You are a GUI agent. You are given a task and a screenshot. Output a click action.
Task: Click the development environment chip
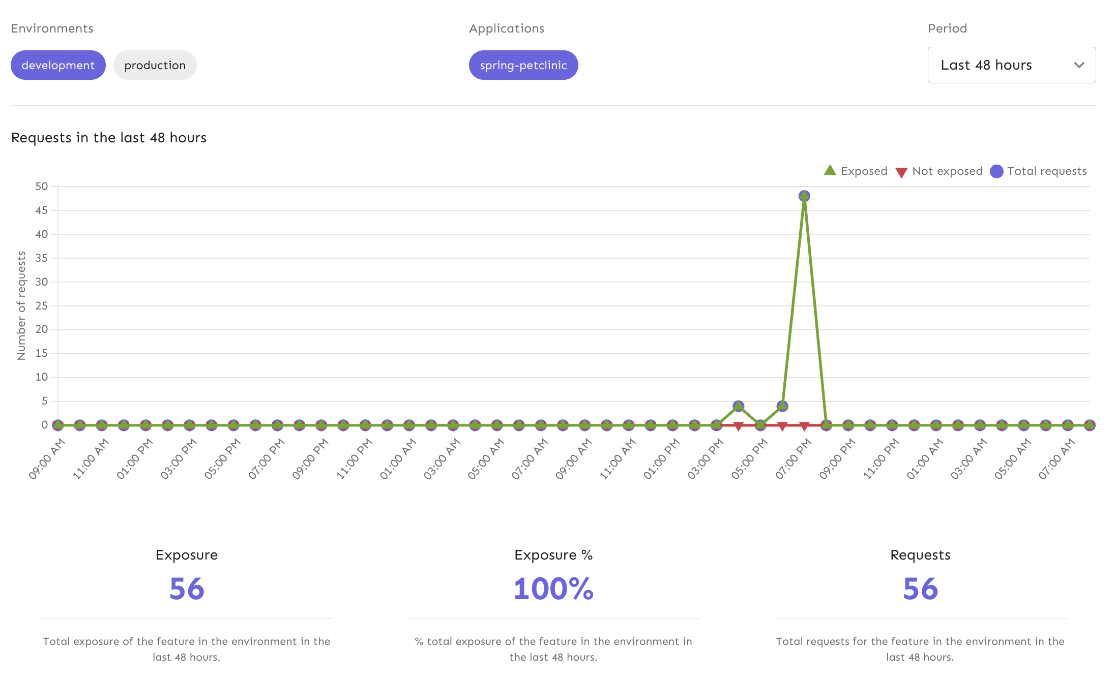tap(58, 65)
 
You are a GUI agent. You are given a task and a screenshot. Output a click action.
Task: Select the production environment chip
tap(155, 65)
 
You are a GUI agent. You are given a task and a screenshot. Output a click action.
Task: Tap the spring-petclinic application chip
tap(523, 65)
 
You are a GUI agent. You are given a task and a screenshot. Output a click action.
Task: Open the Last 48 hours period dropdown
tap(1011, 65)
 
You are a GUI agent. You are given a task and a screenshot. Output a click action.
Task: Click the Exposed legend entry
tap(856, 171)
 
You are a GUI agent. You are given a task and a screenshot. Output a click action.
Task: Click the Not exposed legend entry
tap(939, 171)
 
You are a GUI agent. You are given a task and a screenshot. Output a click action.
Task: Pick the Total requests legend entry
tap(1039, 171)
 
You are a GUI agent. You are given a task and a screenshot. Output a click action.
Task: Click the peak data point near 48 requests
tap(804, 196)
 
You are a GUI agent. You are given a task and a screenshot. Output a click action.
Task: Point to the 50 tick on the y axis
tap(42, 187)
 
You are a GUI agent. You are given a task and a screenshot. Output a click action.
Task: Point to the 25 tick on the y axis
tap(42, 306)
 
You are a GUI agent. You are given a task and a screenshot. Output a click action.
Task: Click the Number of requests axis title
tap(21, 306)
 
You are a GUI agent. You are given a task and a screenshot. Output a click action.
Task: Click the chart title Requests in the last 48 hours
tap(109, 138)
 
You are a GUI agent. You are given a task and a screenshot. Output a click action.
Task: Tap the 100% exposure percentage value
tap(553, 589)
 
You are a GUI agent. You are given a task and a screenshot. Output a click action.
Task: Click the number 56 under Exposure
tap(187, 589)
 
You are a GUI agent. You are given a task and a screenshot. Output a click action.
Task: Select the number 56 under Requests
tap(920, 589)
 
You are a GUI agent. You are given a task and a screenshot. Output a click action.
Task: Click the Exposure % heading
tap(553, 555)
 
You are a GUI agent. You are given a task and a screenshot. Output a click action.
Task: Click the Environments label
tap(52, 28)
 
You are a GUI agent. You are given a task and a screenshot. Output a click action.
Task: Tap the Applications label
tap(507, 28)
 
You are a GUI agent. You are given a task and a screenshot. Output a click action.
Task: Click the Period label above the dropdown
tap(947, 28)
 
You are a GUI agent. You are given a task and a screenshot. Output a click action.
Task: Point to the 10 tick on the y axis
tap(42, 377)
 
